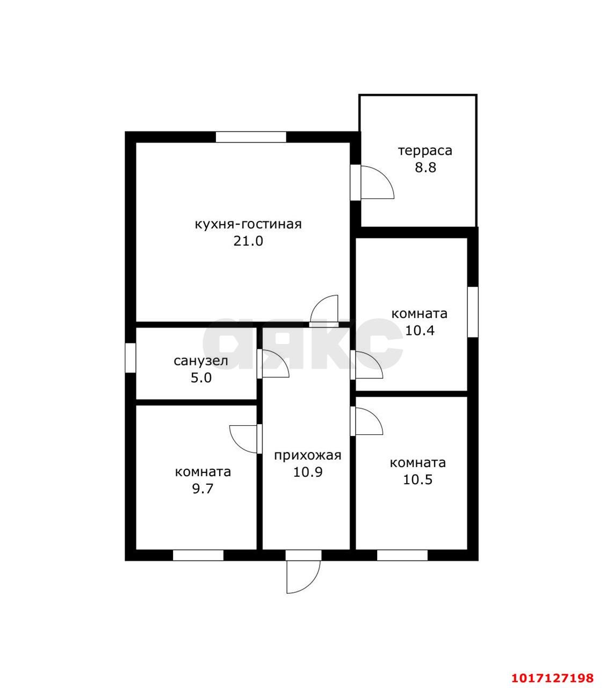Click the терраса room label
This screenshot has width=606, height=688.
(425, 151)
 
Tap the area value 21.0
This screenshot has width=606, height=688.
(248, 241)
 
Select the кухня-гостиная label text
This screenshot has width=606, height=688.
(248, 225)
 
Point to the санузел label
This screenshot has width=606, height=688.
(200, 361)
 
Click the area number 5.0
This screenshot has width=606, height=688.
(201, 378)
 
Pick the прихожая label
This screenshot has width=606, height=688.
(308, 455)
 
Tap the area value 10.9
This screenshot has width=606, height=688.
(308, 472)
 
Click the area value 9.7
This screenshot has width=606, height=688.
(203, 489)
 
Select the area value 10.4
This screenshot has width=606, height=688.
(420, 331)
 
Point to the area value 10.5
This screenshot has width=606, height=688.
(417, 479)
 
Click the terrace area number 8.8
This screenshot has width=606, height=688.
(425, 167)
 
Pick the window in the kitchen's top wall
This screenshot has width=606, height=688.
(251, 137)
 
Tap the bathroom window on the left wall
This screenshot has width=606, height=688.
(131, 357)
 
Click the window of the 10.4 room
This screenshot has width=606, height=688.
(473, 312)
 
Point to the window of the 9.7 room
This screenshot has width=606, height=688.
(198, 555)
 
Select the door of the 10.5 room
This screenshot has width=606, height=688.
(367, 421)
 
